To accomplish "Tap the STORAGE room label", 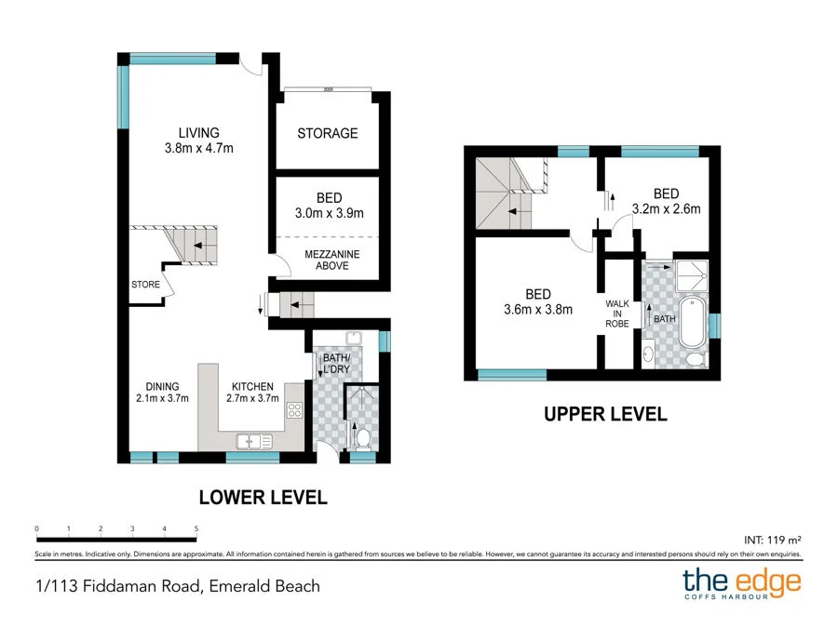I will click(x=327, y=133).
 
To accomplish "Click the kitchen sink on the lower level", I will click(x=251, y=442).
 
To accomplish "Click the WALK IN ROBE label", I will click(x=617, y=313).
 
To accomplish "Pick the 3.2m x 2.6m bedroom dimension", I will click(x=666, y=209).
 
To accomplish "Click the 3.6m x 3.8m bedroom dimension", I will click(x=537, y=310).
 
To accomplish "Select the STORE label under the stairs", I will click(x=145, y=285).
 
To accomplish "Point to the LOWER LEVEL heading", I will click(x=263, y=498).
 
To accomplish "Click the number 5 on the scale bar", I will click(x=196, y=528).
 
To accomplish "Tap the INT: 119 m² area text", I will click(x=773, y=539).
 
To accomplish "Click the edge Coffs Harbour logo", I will click(x=741, y=584).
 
